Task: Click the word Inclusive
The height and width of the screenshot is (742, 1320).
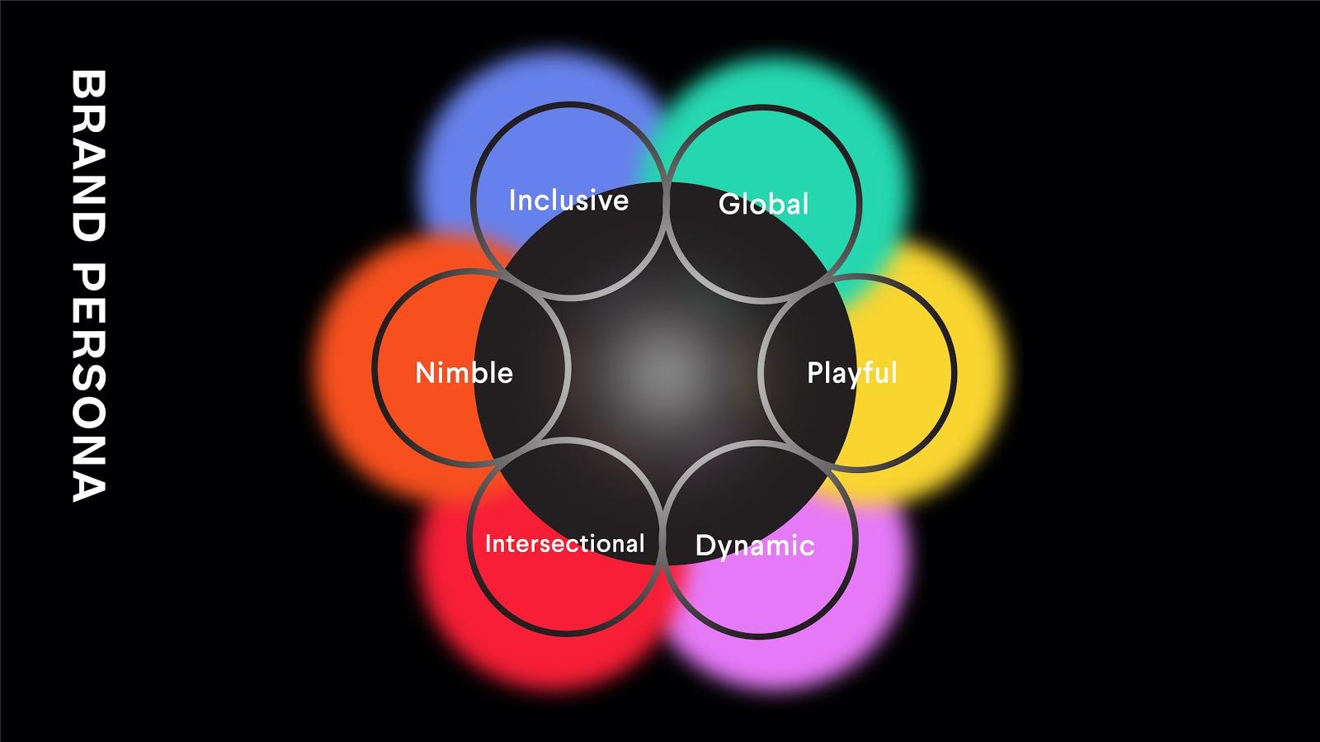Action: click(568, 201)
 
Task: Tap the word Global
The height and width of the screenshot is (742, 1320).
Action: click(764, 204)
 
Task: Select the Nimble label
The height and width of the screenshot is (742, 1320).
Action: click(464, 373)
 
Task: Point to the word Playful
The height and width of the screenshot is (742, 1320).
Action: click(851, 373)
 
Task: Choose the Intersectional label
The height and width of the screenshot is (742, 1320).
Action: click(564, 544)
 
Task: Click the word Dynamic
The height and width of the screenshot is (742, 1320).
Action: click(755, 546)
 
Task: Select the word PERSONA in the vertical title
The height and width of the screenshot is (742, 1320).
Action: click(87, 383)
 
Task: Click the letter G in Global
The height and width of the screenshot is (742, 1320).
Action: click(729, 204)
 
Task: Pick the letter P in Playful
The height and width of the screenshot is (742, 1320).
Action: click(816, 373)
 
